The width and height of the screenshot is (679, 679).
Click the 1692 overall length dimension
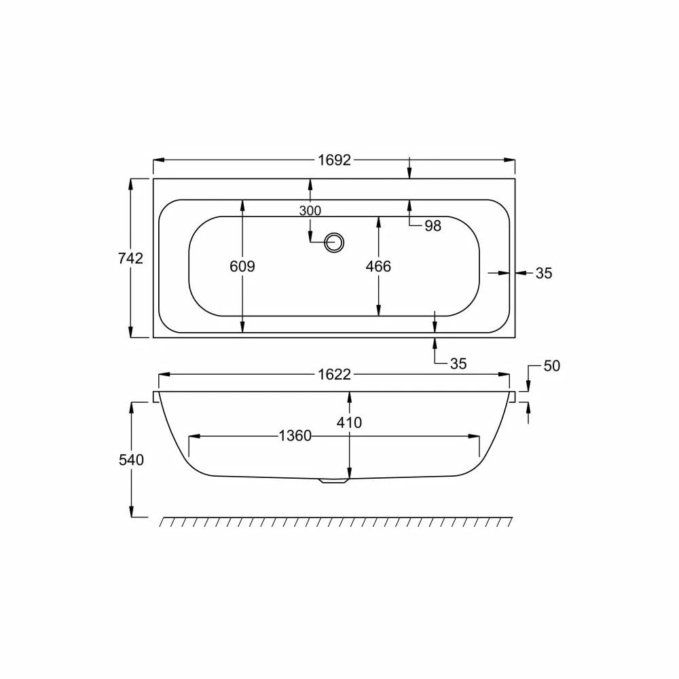(334, 160)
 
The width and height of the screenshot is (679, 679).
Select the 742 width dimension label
(130, 258)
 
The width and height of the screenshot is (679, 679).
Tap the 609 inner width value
(242, 266)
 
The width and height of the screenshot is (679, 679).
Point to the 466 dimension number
(378, 266)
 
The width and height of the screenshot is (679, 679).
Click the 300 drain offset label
(310, 211)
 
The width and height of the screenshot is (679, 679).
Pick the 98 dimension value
(433, 225)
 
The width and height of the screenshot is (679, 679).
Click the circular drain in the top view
(334, 242)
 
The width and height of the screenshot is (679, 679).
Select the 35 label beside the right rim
(544, 273)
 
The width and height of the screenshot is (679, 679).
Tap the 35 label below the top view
(458, 364)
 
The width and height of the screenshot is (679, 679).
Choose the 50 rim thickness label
(551, 366)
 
